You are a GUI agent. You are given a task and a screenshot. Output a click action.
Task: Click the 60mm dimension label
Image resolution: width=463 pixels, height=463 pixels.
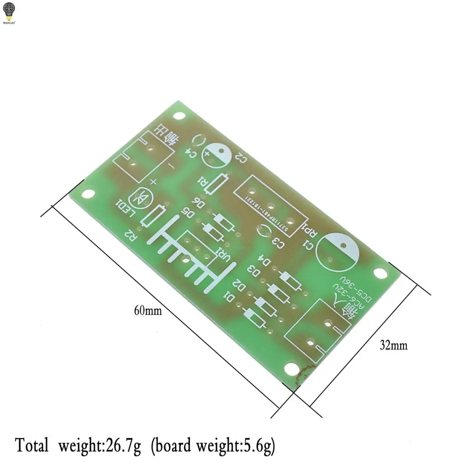click(x=147, y=311)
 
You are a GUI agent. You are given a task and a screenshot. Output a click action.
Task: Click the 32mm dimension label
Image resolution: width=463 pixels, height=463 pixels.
click(x=393, y=346)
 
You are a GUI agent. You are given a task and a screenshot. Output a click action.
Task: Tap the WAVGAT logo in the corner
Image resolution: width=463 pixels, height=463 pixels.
click(x=9, y=12)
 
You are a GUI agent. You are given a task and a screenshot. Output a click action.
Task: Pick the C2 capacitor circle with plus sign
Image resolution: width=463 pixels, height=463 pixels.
click(x=216, y=155)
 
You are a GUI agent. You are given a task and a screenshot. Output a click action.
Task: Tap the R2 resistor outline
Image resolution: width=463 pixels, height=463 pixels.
click(x=154, y=217)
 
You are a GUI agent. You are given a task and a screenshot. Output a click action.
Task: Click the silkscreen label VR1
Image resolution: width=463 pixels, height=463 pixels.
click(x=224, y=255)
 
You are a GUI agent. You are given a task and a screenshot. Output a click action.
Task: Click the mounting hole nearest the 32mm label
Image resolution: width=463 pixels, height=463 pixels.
click(x=381, y=273)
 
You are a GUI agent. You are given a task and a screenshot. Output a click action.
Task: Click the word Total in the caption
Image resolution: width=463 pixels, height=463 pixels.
click(x=32, y=445)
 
